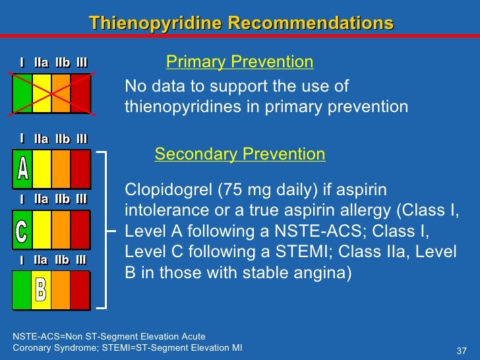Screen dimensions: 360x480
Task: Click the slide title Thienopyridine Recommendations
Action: (241, 24)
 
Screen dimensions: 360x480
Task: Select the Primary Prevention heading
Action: (239, 63)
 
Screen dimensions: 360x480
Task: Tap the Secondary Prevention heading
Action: (239, 154)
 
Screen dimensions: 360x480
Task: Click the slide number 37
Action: (462, 349)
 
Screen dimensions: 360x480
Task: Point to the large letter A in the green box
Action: (22, 170)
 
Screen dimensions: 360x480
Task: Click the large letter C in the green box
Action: (22, 230)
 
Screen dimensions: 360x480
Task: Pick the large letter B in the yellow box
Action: (41, 289)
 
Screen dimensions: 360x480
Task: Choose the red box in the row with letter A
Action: (80, 170)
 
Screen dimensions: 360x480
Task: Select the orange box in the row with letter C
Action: (61, 229)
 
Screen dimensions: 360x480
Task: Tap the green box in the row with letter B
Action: (22, 289)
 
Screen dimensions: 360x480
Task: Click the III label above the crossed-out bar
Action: (81, 63)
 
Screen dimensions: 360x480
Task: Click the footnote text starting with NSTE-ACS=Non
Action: (109, 336)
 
